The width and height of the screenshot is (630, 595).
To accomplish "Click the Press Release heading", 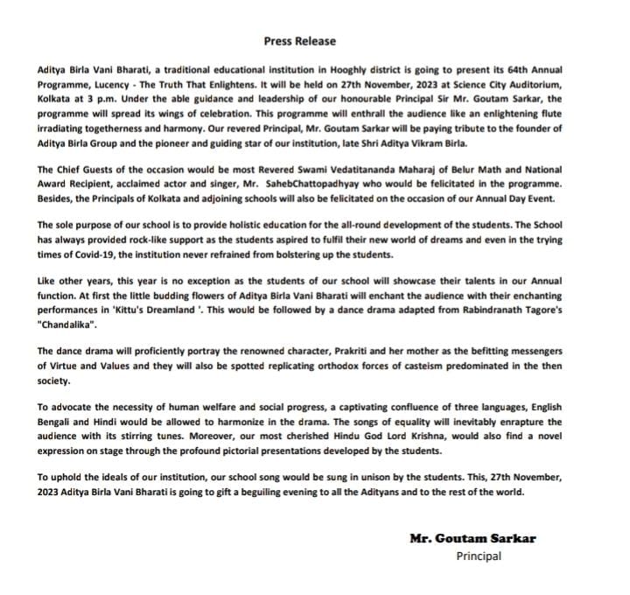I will pos(299,41).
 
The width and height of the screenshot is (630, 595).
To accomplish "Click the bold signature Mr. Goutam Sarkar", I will pos(472,538).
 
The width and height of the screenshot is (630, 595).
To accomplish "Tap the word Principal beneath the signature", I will pos(479,556).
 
